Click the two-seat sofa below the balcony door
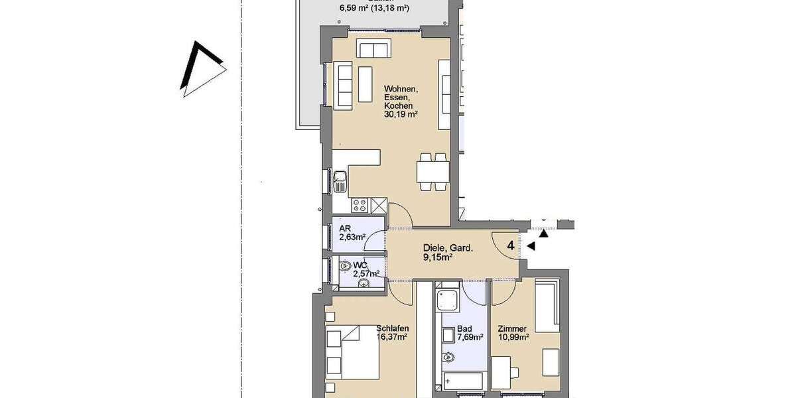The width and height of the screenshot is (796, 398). tap(373, 49)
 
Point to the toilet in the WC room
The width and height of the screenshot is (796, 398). tap(346, 265)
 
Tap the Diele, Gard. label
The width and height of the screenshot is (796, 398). tap(448, 249)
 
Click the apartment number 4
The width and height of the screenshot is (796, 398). tap(510, 246)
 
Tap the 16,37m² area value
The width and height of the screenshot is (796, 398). tap(391, 337)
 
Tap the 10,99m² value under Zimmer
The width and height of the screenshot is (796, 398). tap(513, 338)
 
